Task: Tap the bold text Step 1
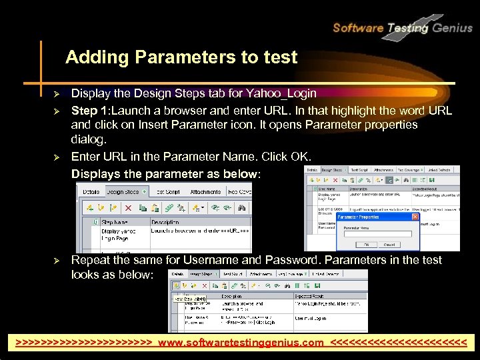pyautogui.click(x=89, y=110)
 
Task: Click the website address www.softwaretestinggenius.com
pyautogui.click(x=241, y=344)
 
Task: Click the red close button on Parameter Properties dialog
pyautogui.click(x=415, y=217)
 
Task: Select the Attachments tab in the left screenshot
pyautogui.click(x=205, y=191)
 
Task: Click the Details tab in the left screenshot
pyautogui.click(x=91, y=191)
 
